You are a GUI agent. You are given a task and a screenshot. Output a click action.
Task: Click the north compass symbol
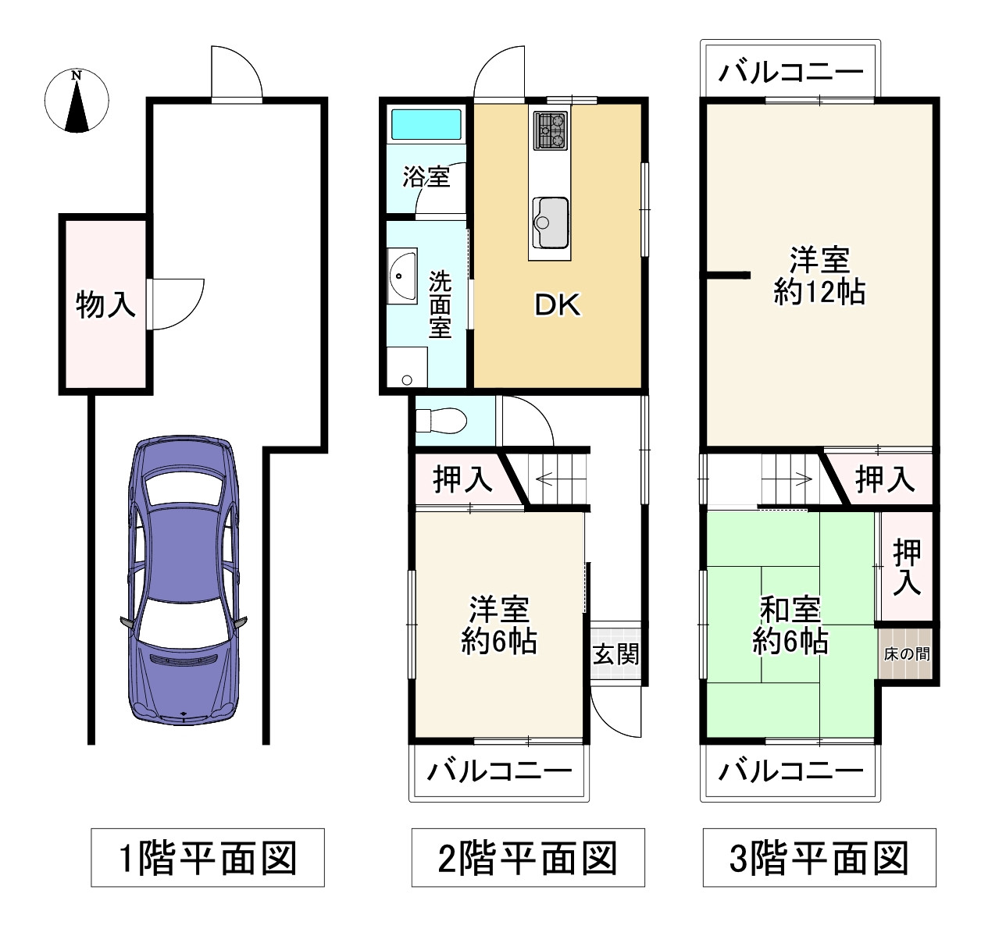77,101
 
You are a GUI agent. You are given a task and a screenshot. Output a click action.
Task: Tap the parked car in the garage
183,580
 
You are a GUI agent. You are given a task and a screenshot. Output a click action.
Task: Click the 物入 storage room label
105,304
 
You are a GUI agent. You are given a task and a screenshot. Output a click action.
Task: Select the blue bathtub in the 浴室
426,124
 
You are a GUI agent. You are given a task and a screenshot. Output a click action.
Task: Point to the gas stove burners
551,130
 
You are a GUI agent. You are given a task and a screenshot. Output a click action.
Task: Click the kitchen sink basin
551,222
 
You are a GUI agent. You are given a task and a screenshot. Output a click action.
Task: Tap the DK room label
558,304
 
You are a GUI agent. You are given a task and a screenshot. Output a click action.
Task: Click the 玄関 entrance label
615,653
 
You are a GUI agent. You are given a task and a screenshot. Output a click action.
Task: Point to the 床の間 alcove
906,653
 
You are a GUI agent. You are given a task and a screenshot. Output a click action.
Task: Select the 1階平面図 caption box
208,858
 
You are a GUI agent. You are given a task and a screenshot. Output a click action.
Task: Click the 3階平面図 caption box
819,858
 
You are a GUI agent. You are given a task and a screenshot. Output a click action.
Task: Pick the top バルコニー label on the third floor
790,73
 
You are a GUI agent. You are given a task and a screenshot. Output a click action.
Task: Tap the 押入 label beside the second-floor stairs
462,479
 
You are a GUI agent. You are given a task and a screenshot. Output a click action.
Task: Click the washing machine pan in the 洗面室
407,367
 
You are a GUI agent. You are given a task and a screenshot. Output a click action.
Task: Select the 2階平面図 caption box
528,858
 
